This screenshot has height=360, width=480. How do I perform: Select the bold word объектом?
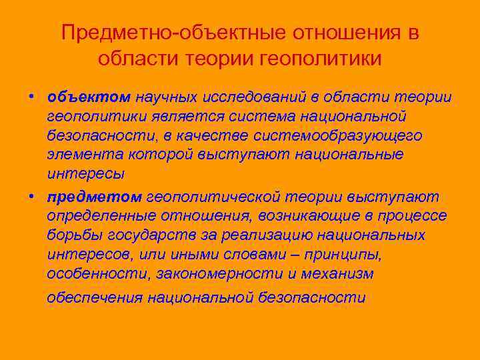[x=89, y=97]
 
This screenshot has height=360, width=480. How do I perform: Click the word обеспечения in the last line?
[x=95, y=297]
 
